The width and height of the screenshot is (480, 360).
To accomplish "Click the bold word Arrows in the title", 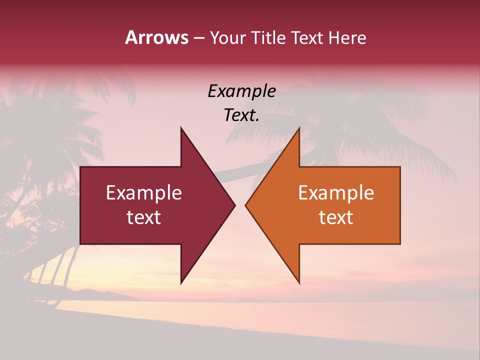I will [156, 37].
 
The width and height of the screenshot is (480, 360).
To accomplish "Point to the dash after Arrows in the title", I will [198, 38].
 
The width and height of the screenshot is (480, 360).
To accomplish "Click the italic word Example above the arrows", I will [241, 91].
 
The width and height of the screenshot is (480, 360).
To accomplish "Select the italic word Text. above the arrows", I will [240, 115].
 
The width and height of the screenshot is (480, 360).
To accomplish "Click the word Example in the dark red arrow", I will [144, 192].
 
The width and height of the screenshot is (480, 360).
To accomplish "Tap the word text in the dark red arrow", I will [144, 217].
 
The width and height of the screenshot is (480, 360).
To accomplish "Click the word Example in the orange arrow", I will [336, 192].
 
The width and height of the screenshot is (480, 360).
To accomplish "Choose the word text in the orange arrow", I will [336, 217].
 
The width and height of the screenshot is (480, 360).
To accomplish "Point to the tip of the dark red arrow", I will [234, 205].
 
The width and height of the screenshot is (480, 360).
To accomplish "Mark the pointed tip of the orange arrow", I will [245, 205].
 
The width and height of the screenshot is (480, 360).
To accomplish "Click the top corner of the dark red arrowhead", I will [181, 128].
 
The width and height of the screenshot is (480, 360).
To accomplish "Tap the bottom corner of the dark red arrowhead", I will [181, 282].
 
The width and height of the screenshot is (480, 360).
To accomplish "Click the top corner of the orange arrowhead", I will [299, 128].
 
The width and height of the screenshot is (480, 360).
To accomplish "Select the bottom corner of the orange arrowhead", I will [299, 282].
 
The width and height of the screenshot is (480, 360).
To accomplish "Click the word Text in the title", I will [306, 38].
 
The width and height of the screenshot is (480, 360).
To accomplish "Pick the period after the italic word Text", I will [257, 120].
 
